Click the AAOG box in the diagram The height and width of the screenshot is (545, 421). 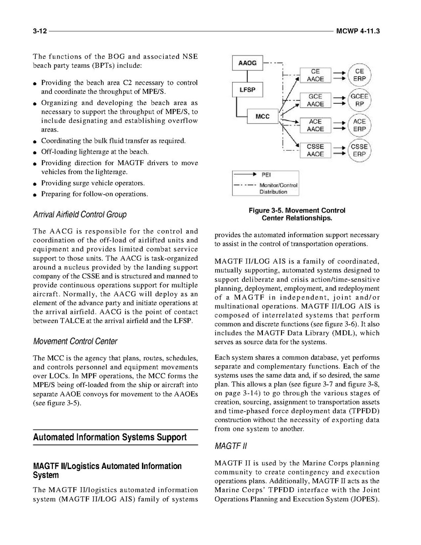(x=247, y=63)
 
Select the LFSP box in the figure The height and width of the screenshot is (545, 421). (x=247, y=90)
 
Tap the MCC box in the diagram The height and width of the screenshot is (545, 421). (x=263, y=116)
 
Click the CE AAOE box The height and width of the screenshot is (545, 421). (x=315, y=75)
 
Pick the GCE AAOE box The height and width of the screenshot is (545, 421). (x=315, y=100)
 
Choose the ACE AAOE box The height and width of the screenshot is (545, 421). (x=315, y=125)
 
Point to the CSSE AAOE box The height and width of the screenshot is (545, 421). (x=315, y=150)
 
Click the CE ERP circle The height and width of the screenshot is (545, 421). (x=359, y=75)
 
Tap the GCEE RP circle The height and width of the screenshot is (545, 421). (x=359, y=100)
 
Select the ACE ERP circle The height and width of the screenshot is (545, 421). (x=359, y=125)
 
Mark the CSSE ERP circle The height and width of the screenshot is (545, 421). (x=359, y=150)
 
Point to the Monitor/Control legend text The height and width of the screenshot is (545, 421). (x=278, y=186)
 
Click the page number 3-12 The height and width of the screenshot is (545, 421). (x=40, y=31)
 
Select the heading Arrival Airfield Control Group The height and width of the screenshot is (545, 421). (x=80, y=214)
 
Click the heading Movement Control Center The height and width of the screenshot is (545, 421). (x=75, y=341)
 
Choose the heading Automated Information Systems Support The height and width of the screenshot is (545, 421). (x=110, y=437)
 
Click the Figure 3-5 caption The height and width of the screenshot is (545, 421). (x=297, y=214)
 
